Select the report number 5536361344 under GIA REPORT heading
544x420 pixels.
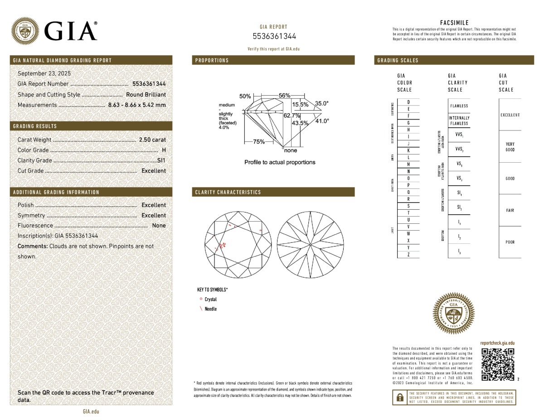click(x=274, y=36)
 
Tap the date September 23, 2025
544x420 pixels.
click(x=44, y=73)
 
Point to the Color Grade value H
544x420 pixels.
click(x=164, y=150)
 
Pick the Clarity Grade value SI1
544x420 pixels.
click(x=161, y=160)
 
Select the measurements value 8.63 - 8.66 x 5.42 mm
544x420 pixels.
click(x=137, y=105)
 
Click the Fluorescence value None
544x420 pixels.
click(x=159, y=226)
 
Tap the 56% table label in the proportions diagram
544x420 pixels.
click(x=284, y=96)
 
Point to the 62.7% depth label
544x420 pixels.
click(x=292, y=116)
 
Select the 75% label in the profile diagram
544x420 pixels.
click(x=259, y=142)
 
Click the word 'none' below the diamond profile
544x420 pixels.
click(x=291, y=150)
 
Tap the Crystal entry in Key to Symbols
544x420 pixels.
click(x=210, y=299)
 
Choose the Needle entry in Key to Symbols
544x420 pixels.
click(x=210, y=309)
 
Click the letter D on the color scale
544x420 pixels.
click(x=409, y=102)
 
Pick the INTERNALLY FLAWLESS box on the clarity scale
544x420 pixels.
click(x=459, y=121)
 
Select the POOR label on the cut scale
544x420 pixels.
click(x=510, y=242)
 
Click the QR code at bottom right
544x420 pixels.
click(x=498, y=364)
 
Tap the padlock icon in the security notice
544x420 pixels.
click(x=399, y=397)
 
